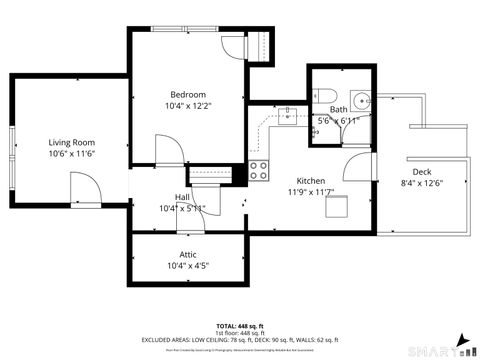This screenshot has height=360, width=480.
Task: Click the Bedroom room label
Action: pyautogui.click(x=187, y=94)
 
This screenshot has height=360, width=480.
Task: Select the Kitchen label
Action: pyautogui.click(x=310, y=153)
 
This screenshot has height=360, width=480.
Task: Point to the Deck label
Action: pyautogui.click(x=421, y=171)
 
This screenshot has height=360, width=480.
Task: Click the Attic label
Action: pyautogui.click(x=187, y=254)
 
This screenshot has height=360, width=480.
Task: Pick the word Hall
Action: pyautogui.click(x=182, y=197)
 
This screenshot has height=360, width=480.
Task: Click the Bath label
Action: pyautogui.click(x=339, y=109)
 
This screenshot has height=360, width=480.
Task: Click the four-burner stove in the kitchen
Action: pyautogui.click(x=260, y=170)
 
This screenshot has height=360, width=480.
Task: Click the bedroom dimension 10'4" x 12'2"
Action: pyautogui.click(x=188, y=105)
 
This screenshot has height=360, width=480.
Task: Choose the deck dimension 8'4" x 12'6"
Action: pyautogui.click(x=421, y=183)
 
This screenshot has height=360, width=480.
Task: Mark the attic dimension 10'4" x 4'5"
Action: pyautogui.click(x=187, y=266)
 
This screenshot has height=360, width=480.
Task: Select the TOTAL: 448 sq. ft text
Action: pyautogui.click(x=239, y=327)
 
